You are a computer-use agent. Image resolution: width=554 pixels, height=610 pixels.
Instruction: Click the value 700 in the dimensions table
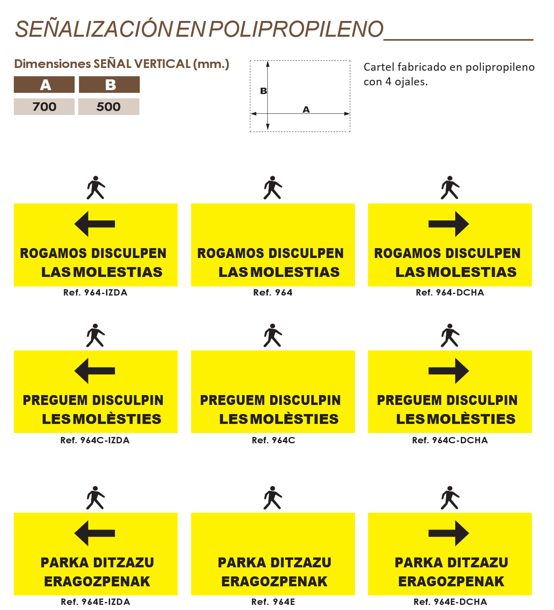click(44, 107)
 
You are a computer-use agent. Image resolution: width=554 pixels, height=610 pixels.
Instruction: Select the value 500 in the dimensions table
click(109, 107)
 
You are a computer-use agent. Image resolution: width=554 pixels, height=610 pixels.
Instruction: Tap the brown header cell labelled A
click(45, 85)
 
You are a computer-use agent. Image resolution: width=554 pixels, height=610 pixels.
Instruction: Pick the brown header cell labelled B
click(110, 85)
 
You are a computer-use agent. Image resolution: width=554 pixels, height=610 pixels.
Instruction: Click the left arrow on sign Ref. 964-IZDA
click(94, 224)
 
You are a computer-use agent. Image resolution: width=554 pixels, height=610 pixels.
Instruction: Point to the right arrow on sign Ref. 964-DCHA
click(449, 224)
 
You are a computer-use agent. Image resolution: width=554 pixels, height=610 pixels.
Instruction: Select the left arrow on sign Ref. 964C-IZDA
click(94, 371)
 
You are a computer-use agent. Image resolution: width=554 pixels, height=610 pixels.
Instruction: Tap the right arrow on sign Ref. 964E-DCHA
click(449, 533)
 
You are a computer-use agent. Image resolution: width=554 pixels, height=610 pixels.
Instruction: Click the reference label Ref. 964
click(273, 293)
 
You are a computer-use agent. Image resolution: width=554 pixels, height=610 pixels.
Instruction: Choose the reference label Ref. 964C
click(273, 440)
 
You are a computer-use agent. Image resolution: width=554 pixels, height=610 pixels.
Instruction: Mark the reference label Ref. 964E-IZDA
click(95, 602)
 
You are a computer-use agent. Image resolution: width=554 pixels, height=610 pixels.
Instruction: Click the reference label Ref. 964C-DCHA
click(450, 440)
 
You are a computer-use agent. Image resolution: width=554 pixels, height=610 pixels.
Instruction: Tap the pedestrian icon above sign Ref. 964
click(272, 188)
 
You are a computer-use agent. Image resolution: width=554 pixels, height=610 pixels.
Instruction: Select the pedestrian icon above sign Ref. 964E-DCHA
click(450, 498)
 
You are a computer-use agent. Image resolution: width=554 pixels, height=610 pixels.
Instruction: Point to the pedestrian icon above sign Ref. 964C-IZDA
click(95, 335)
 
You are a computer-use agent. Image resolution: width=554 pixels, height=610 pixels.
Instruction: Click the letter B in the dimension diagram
click(263, 91)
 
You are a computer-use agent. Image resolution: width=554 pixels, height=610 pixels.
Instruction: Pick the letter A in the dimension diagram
click(306, 109)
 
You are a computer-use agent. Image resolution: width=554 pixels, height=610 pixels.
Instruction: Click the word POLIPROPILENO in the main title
click(296, 29)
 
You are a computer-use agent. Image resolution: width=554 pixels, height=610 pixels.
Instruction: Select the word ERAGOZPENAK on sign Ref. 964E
click(274, 582)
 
